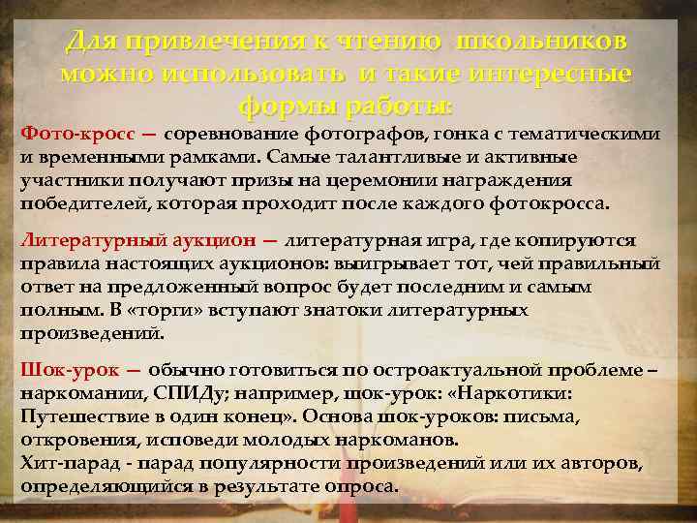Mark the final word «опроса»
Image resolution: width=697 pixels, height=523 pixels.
pyautogui.click(x=364, y=486)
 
